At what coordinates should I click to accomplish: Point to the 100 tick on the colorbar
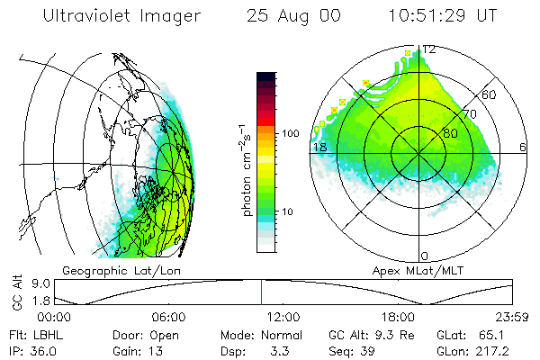point(291,133)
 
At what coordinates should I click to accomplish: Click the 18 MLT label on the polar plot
point(318,147)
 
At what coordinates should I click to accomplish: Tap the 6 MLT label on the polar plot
point(523,147)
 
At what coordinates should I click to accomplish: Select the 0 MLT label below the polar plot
point(425,256)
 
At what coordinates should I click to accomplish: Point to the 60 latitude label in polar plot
point(490,94)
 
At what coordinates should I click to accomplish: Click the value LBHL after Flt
point(43,334)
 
